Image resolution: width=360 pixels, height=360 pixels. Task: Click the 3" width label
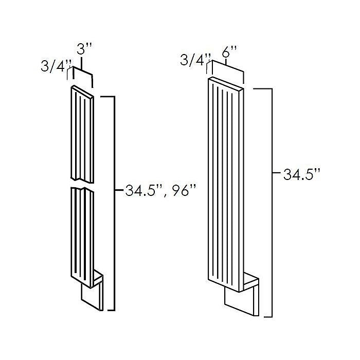click(84, 49)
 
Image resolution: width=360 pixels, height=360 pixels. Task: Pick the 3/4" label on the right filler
click(195, 60)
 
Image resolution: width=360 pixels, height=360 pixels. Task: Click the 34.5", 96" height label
click(160, 190)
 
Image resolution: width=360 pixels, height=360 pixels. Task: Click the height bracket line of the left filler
click(114, 204)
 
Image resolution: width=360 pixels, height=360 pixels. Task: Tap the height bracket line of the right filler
click(272, 203)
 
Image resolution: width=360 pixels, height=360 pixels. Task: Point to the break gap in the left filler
click(82, 185)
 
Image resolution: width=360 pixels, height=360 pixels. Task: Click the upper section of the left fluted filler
click(82, 135)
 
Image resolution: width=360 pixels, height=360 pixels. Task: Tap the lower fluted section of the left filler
click(82, 237)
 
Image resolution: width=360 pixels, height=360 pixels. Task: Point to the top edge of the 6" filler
click(226, 83)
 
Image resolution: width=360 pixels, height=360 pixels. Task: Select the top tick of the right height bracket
click(263, 88)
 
